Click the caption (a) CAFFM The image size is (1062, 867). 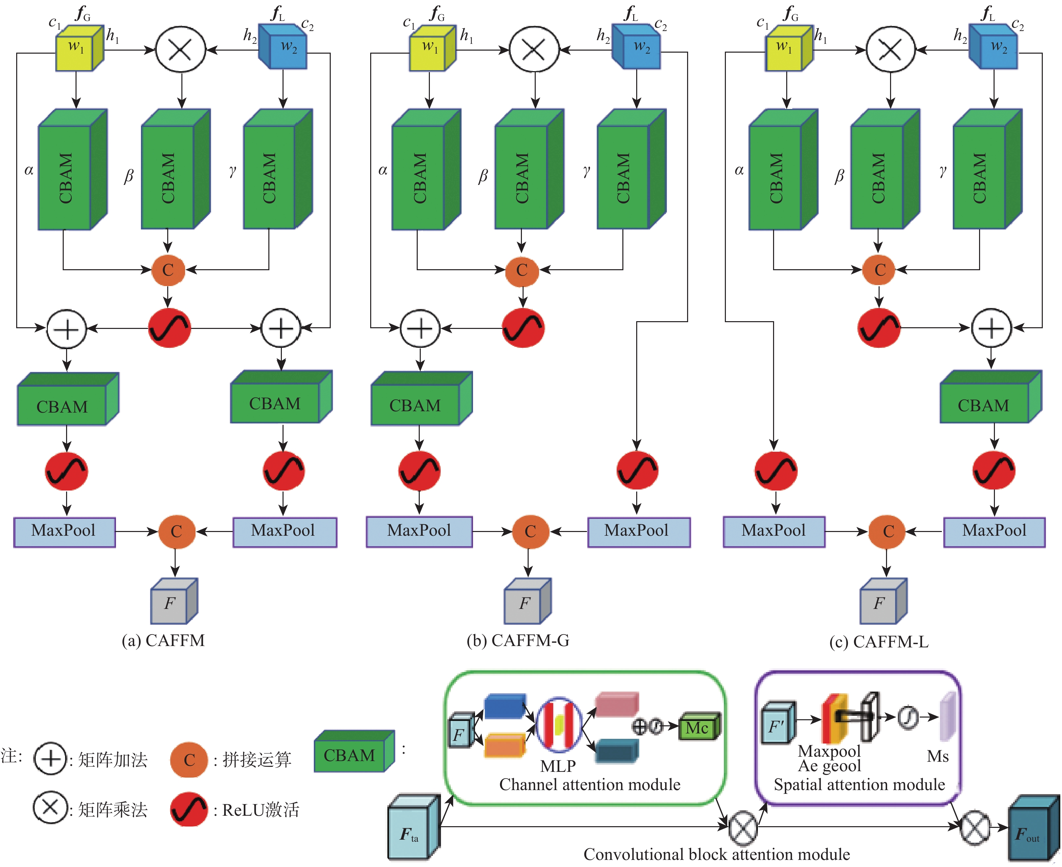click(163, 640)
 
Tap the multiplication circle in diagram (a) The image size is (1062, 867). click(181, 50)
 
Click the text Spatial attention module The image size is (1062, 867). click(859, 785)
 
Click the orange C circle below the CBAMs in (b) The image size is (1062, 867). click(522, 270)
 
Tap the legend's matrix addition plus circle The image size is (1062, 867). click(50, 759)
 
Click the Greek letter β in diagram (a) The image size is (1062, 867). click(129, 176)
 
